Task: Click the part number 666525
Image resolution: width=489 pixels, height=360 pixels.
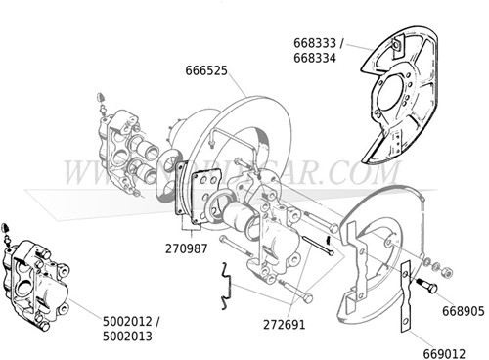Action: (205, 70)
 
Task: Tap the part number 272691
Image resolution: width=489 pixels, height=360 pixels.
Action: (284, 321)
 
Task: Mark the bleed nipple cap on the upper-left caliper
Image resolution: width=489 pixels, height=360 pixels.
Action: (102, 96)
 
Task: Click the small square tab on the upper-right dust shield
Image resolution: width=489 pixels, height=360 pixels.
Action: (396, 44)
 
